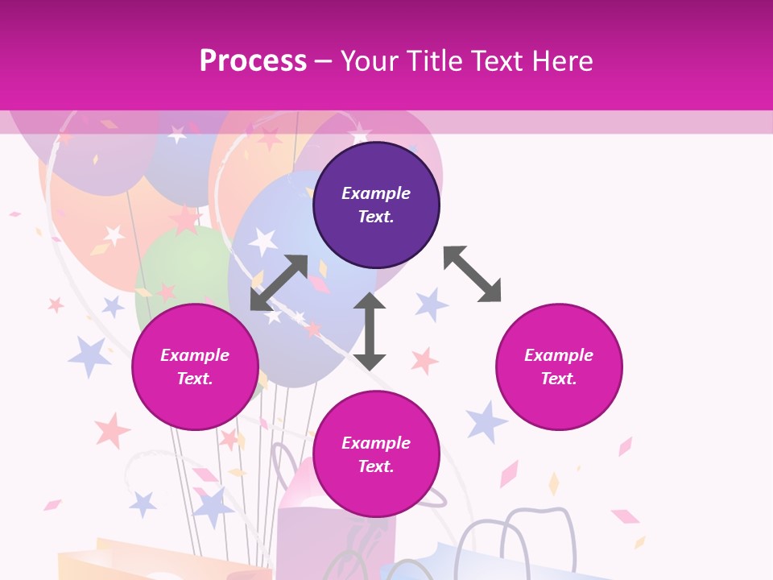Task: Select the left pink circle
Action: [195, 367]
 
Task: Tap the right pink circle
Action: [559, 367]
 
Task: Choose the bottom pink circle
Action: [376, 454]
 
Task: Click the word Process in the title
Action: [253, 61]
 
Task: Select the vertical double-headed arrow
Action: [369, 331]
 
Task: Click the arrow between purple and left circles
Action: [279, 283]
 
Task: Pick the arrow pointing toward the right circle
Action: [472, 274]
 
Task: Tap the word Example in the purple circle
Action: [376, 193]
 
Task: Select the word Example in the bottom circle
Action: [376, 443]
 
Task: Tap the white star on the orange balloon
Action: [115, 234]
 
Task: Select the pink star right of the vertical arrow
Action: [424, 360]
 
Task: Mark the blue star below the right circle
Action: [486, 421]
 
